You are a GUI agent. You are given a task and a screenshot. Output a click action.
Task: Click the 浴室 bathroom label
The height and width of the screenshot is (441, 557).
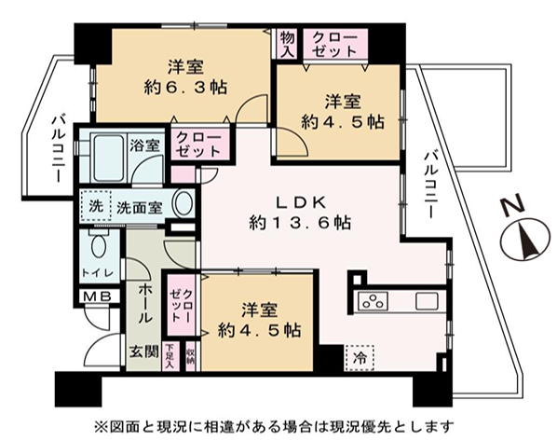coord(144,145)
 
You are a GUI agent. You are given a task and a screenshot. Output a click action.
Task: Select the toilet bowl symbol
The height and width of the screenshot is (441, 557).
coord(100,245)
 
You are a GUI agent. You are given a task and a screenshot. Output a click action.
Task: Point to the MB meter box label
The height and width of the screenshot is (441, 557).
coord(98,296)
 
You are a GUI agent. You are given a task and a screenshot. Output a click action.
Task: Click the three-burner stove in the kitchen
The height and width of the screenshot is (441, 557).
coord(373,301)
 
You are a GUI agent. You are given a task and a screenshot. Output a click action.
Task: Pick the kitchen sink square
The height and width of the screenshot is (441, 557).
coord(427,301)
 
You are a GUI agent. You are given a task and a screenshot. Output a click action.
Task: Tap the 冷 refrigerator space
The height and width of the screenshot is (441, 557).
coord(360,358)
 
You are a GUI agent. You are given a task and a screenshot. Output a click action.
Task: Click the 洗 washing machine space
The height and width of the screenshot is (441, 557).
coord(96,206)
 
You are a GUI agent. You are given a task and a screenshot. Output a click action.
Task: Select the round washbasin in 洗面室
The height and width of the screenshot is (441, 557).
coord(184,203)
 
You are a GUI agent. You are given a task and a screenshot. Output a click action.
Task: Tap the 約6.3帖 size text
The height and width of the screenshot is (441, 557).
coord(185,87)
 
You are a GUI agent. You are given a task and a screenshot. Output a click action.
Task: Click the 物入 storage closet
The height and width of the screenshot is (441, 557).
coord(288,44)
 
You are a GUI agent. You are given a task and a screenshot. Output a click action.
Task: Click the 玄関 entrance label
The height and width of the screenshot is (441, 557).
coord(143,351)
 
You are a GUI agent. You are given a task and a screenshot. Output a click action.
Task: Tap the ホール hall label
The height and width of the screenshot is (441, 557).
coord(145,303)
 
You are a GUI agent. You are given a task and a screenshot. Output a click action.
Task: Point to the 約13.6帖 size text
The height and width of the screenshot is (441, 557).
coord(301,224)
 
